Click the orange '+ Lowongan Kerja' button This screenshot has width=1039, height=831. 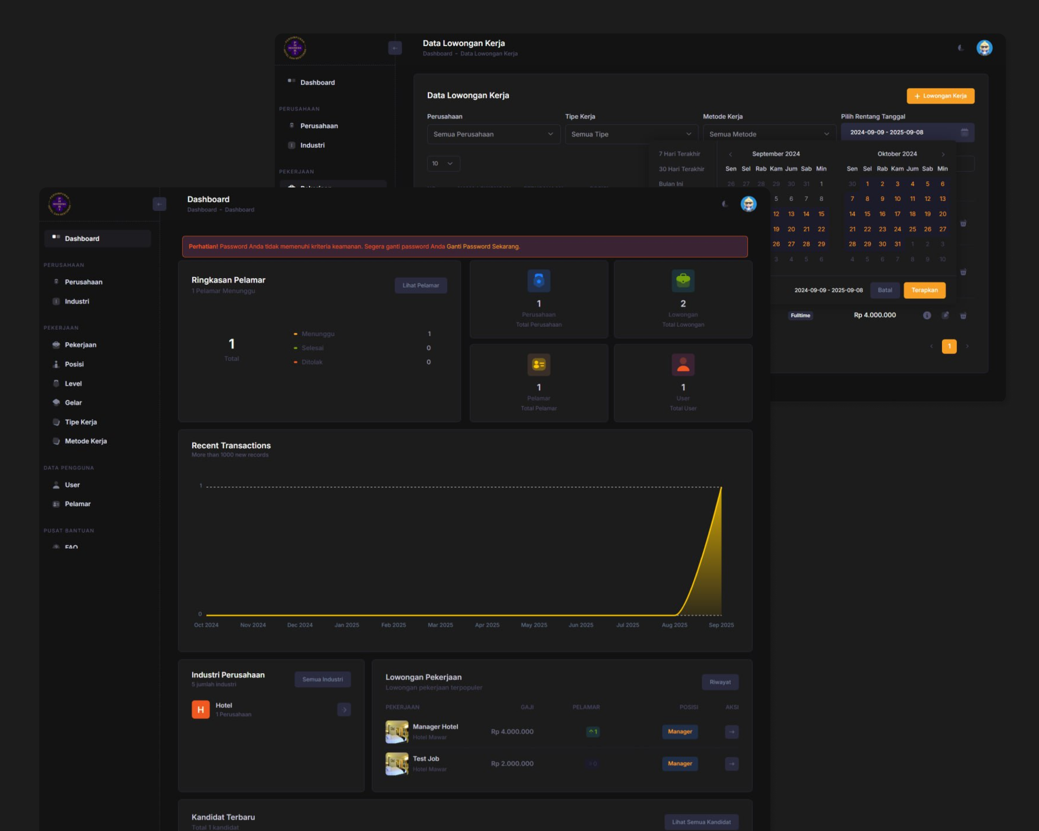[x=940, y=96]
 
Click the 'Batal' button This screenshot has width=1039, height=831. [x=884, y=290]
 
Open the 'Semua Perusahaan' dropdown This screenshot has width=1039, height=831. [x=493, y=134]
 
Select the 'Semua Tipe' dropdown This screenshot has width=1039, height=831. [x=631, y=134]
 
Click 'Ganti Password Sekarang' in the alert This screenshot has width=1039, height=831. [x=483, y=247]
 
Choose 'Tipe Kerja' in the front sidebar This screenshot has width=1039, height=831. [x=80, y=422]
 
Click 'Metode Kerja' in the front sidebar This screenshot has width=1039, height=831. [x=86, y=441]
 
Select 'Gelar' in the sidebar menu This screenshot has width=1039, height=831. [x=73, y=402]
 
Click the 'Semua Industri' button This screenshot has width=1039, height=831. [x=322, y=679]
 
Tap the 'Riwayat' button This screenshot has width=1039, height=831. [x=720, y=682]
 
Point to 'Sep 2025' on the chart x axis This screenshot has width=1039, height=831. [x=721, y=625]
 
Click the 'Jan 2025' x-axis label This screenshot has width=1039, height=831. [x=346, y=625]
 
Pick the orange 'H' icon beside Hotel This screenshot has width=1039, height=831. [x=200, y=709]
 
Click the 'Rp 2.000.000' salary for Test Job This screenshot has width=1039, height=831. [x=512, y=764]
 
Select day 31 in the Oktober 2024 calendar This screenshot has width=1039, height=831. [x=897, y=244]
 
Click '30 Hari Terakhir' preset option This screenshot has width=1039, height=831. [x=682, y=169]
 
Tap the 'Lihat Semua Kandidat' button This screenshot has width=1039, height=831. [x=701, y=822]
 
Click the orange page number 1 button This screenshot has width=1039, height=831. [x=949, y=346]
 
